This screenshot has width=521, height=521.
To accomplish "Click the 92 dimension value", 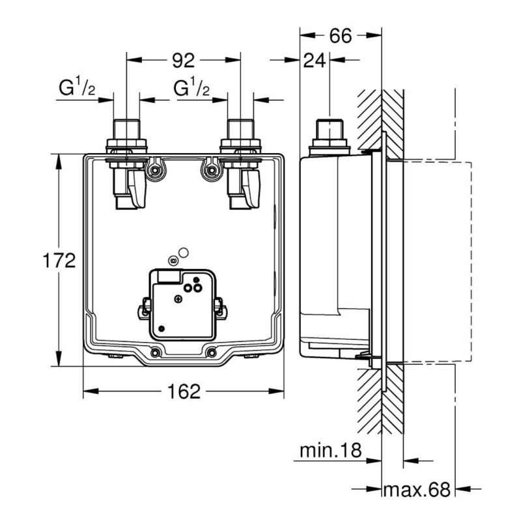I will point(184,61).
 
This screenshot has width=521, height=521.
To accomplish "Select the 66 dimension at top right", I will point(339,36).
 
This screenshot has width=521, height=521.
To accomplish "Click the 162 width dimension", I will point(183,391).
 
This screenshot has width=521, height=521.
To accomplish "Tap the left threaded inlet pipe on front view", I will point(125,130).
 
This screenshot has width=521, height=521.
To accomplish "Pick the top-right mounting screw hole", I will point(210,171).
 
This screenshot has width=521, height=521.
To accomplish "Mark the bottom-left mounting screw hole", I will point(156,353).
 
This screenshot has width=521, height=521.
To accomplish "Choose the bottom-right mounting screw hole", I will point(211,353).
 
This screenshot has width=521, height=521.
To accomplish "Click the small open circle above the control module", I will point(184,253).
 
